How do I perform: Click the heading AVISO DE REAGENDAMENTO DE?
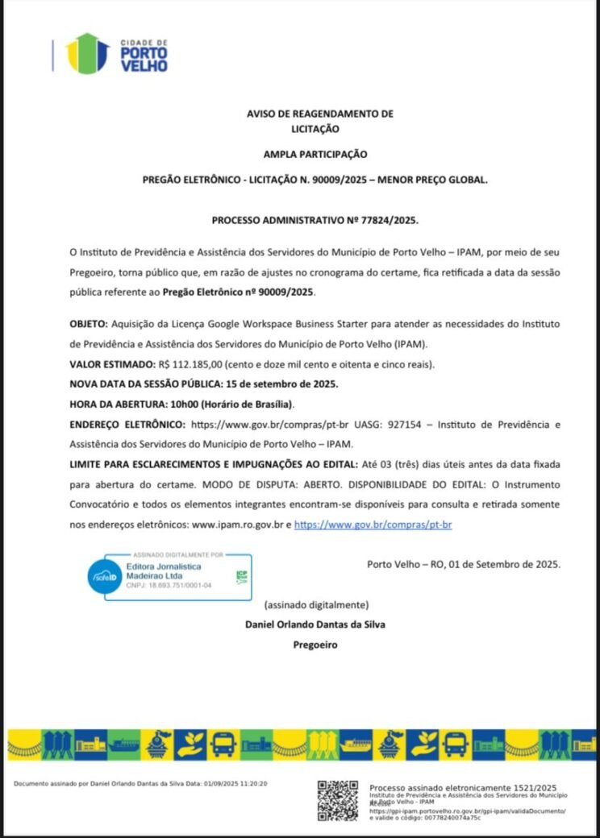pos(319,114)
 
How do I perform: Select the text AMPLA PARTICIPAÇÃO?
pos(315,153)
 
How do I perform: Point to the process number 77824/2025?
pos(390,219)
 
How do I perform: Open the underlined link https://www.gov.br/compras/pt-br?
pos(373,525)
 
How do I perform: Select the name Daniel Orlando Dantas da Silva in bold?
pos(315,624)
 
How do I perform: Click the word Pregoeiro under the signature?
pos(315,645)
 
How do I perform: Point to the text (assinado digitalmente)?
pos(316,604)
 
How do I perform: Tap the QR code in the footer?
pos(337,800)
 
